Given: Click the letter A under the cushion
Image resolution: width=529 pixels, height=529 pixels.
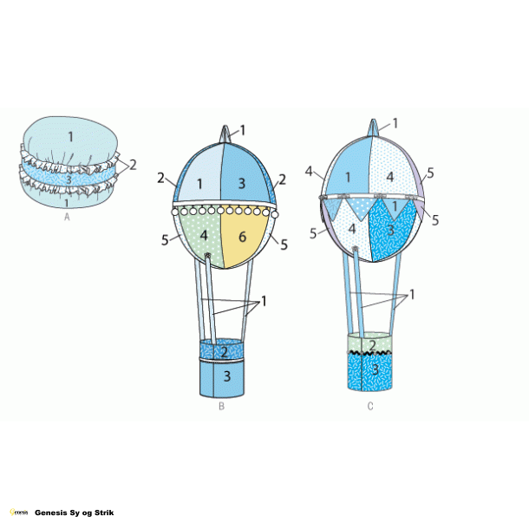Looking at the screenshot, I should (x=67, y=219).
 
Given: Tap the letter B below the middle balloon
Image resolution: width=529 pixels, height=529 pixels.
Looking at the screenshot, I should (x=222, y=406).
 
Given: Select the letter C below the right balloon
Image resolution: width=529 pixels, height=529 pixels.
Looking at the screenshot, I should (x=370, y=406).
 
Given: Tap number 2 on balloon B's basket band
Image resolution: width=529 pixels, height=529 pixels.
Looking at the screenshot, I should (x=224, y=351).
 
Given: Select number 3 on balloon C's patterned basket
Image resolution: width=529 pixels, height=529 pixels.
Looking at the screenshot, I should (x=375, y=369).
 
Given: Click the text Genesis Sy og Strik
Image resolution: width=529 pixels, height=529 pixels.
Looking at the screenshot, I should (x=74, y=513).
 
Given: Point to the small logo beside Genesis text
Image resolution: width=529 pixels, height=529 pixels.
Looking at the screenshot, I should (x=21, y=513).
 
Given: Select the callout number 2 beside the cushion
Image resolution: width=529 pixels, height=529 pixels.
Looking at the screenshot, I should (x=133, y=164).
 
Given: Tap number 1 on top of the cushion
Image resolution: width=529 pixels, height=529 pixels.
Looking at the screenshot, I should (x=72, y=136).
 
